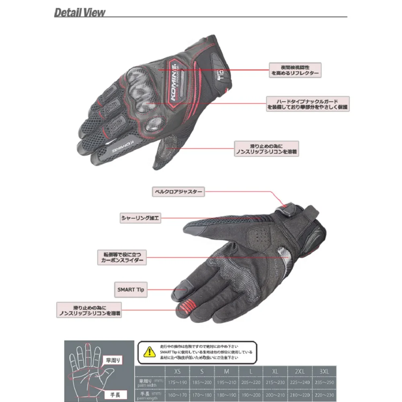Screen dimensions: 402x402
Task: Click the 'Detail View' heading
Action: click(x=80, y=12)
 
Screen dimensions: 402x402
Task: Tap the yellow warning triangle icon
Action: click(x=149, y=353)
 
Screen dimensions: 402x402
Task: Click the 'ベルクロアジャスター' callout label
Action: click(x=178, y=192)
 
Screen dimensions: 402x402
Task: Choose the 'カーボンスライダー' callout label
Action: click(x=121, y=257)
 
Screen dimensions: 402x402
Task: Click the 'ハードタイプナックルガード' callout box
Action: click(x=308, y=103)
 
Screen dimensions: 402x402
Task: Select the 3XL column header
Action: click(x=324, y=371)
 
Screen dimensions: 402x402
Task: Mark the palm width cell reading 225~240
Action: click(x=299, y=382)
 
